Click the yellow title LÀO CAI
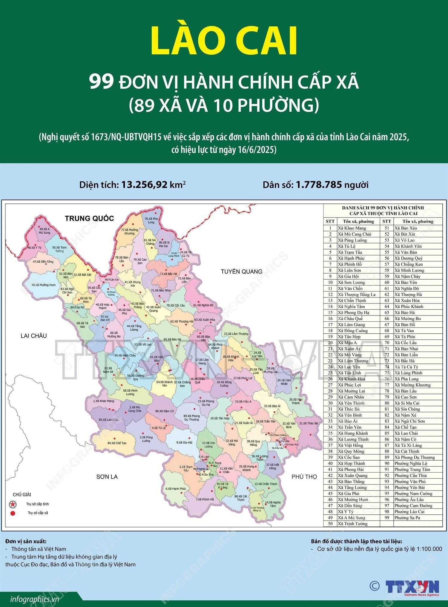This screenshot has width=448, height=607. click(x=224, y=41)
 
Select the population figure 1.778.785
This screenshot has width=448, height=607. click(x=319, y=185)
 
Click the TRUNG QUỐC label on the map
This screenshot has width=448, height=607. click(x=89, y=218)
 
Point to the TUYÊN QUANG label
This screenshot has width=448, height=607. click(x=241, y=272)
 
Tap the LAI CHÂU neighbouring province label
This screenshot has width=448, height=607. click(x=34, y=336)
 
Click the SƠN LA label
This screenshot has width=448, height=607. click(x=107, y=477)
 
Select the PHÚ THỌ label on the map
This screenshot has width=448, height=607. click(x=304, y=477)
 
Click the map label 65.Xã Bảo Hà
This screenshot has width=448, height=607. click(x=172, y=339)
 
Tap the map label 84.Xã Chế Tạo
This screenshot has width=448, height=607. click(x=117, y=443)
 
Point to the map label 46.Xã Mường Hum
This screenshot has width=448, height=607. click(x=44, y=285)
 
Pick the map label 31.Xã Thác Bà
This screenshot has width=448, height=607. click(x=309, y=423)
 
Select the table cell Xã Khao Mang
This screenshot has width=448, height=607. click(x=352, y=228)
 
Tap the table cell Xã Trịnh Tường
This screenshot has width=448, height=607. click(x=352, y=523)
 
